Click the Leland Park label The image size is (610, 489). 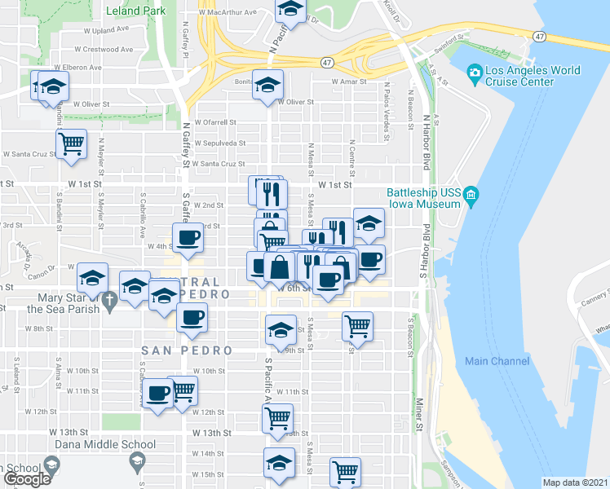[135, 11]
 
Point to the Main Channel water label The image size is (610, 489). [497, 361]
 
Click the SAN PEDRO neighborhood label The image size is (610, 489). [187, 350]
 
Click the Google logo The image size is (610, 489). [27, 479]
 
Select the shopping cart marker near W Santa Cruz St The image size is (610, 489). [72, 144]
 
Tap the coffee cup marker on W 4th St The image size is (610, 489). [188, 237]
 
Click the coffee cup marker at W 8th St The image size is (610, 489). [192, 317]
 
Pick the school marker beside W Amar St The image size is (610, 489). [267, 84]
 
